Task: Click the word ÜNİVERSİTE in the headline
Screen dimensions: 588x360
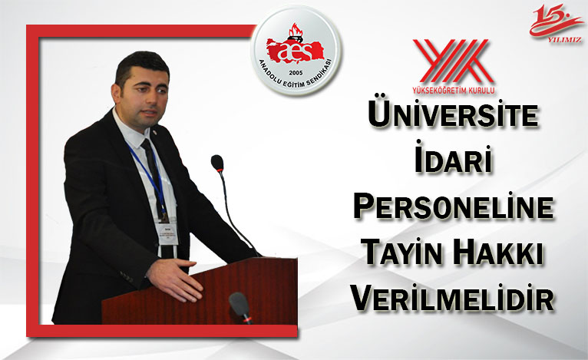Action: point(454,114)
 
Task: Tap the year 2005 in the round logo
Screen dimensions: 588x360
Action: point(296,72)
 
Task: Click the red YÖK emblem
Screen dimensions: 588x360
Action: point(453,61)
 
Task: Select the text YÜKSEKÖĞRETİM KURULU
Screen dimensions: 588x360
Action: point(453,90)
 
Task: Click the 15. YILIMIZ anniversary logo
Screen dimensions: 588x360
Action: point(556,23)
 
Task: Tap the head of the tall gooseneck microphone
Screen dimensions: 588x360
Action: point(217,163)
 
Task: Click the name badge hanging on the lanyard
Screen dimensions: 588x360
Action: point(167,233)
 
